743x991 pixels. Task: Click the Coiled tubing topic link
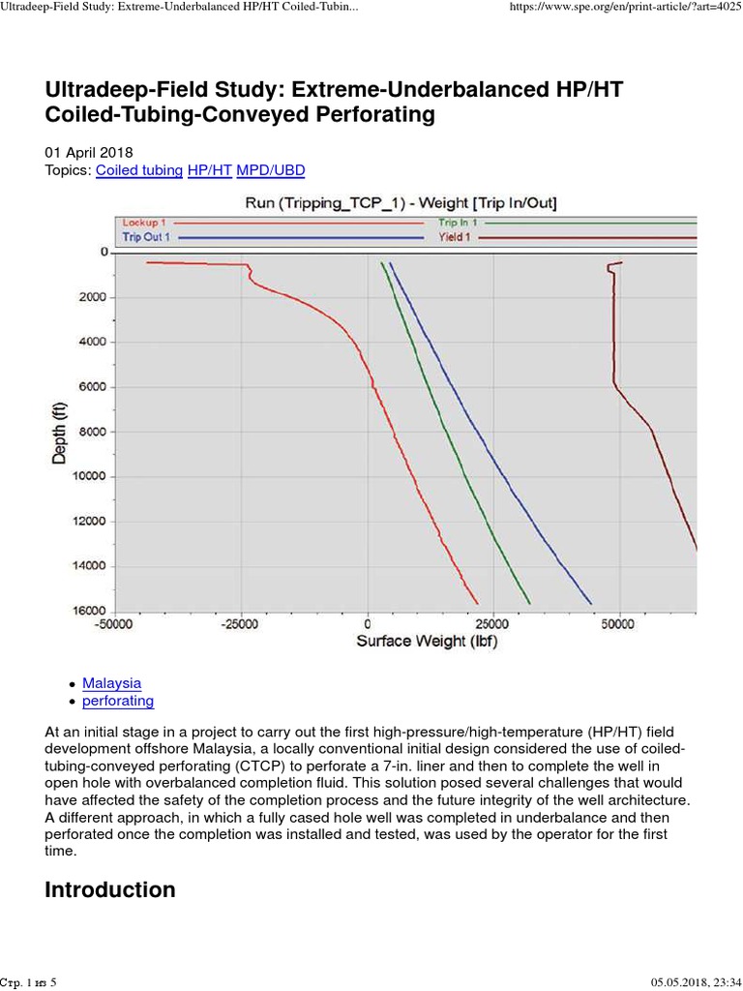(139, 170)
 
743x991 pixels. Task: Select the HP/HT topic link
(204, 170)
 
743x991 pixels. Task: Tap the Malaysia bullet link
(111, 682)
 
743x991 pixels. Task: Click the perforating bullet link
(118, 701)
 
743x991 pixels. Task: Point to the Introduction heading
(110, 889)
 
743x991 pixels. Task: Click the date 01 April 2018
(89, 153)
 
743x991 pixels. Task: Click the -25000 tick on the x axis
(241, 624)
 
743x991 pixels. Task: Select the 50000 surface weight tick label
(618, 624)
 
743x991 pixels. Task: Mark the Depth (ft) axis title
(60, 432)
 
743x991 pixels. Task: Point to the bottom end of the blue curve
(591, 603)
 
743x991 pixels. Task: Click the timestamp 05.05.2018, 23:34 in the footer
(686, 981)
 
